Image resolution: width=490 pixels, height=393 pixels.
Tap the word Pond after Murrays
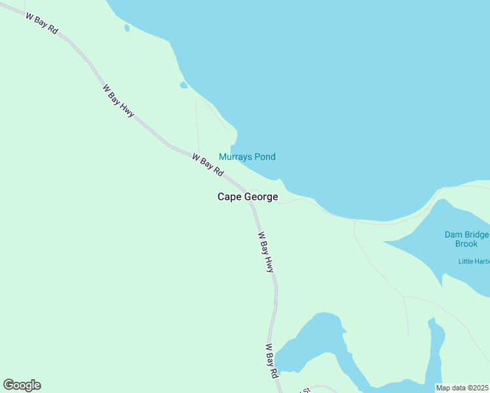265,157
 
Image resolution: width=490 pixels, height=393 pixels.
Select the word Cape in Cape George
231,197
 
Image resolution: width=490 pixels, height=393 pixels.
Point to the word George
262,197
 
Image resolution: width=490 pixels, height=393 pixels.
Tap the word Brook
466,244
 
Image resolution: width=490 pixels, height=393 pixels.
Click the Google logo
22,385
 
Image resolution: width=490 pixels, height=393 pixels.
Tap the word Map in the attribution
443,387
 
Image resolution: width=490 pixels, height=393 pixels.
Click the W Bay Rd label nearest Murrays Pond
208,164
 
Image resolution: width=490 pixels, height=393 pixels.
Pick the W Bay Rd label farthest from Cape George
43,22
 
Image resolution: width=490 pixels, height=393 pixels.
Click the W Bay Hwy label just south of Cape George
266,252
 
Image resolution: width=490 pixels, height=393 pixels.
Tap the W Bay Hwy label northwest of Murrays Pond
118,101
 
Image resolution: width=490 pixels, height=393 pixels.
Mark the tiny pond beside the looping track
184,85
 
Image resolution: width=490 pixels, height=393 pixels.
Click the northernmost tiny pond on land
126,28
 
